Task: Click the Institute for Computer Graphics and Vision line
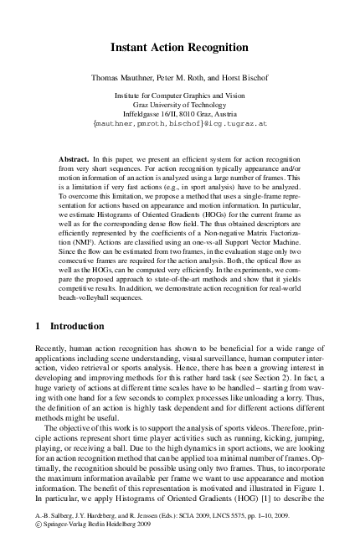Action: coord(180,97)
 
